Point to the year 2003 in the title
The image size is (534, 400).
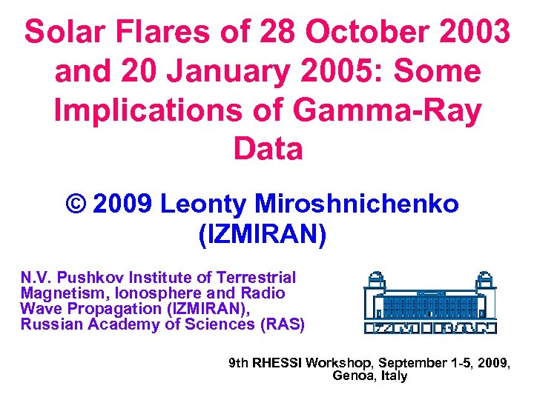pyautogui.click(x=472, y=32)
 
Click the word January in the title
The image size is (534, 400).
pyautogui.click(x=244, y=71)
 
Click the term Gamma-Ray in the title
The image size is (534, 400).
pyautogui.click(x=388, y=110)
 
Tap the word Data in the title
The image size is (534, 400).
pyautogui.click(x=268, y=149)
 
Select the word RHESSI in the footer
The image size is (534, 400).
pyautogui.click(x=277, y=363)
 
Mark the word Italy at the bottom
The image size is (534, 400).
pyautogui.click(x=394, y=376)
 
